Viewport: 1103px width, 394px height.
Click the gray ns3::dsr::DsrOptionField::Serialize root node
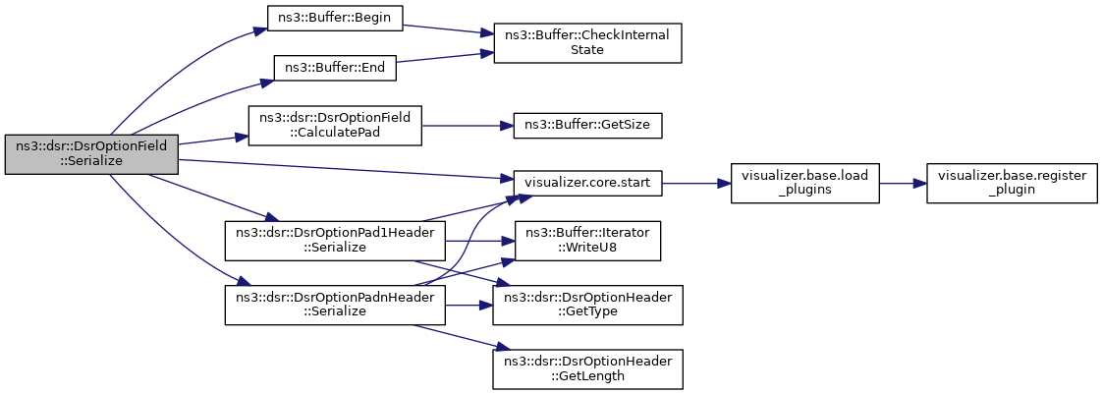91,154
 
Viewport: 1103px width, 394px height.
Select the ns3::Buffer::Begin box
335,18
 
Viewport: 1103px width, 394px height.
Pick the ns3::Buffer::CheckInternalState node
587,43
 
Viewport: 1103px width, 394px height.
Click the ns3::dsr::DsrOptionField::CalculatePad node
335,125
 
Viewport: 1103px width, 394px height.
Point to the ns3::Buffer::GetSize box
587,125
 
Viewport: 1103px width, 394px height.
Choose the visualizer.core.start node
587,184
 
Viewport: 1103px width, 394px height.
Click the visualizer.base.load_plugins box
804,184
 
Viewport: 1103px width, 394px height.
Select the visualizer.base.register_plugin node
1012,184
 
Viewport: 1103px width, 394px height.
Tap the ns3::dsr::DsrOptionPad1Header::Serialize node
335,242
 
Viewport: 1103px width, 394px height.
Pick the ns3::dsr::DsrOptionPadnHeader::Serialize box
335,305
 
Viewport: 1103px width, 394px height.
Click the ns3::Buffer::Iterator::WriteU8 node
587,242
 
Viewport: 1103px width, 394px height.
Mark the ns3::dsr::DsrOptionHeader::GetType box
587,305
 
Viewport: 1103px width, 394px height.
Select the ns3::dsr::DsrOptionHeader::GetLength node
587,368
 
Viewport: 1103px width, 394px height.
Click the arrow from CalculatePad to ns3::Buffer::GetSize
468,125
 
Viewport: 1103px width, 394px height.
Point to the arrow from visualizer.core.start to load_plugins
695,184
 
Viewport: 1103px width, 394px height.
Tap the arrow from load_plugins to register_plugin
903,184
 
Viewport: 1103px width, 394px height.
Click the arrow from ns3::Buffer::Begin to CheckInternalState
448,28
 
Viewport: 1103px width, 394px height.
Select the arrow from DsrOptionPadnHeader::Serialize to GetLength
457,336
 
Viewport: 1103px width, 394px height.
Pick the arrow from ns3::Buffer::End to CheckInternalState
445,57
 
